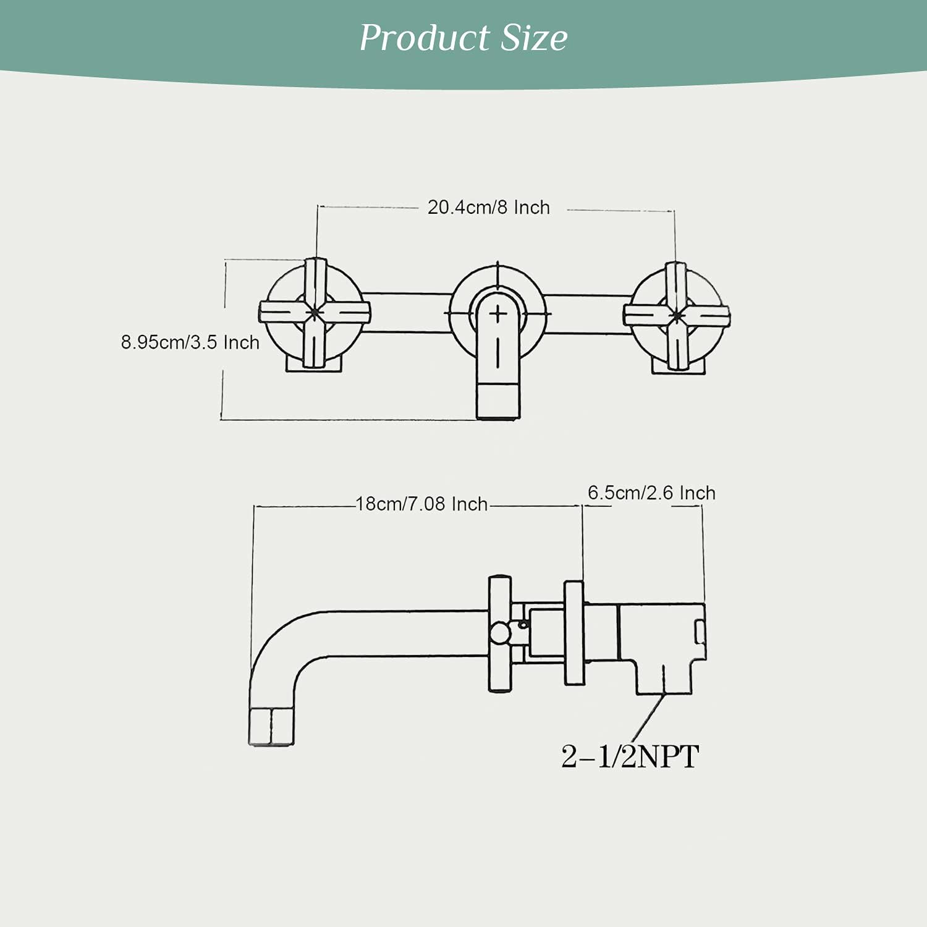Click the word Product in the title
coord(425,38)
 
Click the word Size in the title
coord(533,38)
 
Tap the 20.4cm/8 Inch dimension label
coord(488,208)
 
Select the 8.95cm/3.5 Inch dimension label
coord(190,342)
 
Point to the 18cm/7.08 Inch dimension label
coord(421,504)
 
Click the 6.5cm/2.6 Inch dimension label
coord(651,493)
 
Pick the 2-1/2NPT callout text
coord(630,756)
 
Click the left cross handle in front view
coord(315,313)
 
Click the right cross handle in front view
coord(676,315)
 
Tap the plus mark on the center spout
coord(498,315)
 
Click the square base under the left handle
coord(313,366)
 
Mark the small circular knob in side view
coord(499,633)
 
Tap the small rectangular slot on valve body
coord(700,632)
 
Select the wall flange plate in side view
coord(574,632)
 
